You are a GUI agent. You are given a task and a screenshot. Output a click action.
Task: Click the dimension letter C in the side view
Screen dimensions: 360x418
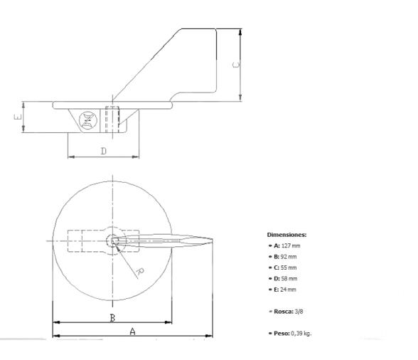(x=237, y=64)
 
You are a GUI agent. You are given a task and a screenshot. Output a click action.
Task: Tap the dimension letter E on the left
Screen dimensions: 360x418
(x=18, y=116)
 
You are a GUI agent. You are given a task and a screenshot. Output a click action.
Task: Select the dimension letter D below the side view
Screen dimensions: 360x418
(x=103, y=151)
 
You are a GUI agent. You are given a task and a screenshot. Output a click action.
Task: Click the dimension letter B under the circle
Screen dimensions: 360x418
(x=112, y=318)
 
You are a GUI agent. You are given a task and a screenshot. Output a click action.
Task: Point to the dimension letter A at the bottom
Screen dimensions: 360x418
(x=132, y=332)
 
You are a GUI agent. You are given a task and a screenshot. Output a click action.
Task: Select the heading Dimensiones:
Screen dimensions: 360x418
(x=286, y=234)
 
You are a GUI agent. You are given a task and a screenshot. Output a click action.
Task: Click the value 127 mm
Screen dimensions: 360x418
(x=291, y=245)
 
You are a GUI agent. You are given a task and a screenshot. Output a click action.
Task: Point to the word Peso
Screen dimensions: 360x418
(x=280, y=333)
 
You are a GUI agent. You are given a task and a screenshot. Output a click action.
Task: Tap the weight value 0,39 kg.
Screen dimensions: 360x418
(x=301, y=333)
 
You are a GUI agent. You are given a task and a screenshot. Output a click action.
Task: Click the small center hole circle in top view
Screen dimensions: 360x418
(x=111, y=240)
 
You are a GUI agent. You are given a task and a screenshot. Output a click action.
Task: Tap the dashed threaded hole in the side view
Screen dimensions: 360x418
(x=112, y=119)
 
